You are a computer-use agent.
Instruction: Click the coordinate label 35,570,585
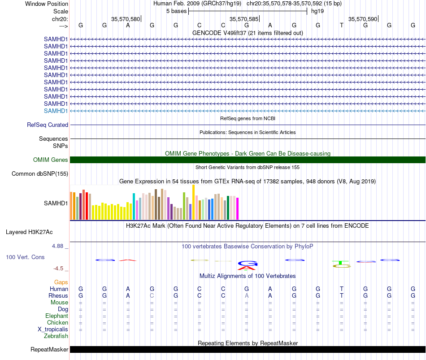click(x=244, y=19)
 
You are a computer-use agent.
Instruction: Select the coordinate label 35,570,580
click(x=126, y=19)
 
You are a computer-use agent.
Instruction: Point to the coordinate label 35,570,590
click(x=363, y=19)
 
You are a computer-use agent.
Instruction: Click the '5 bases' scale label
click(x=177, y=11)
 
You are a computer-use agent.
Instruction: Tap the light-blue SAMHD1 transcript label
click(x=56, y=111)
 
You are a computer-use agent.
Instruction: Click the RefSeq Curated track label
click(x=48, y=125)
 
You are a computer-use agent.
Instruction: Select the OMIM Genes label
click(x=51, y=160)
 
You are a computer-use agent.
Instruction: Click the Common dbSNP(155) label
click(x=40, y=173)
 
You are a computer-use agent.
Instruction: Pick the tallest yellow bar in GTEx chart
click(x=193, y=202)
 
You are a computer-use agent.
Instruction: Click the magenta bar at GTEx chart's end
click(x=238, y=208)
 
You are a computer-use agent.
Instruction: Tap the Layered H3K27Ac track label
click(x=29, y=232)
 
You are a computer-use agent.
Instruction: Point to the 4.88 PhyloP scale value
click(x=57, y=246)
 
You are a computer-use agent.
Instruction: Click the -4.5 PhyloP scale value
click(x=58, y=269)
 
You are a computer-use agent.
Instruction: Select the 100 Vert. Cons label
click(x=25, y=257)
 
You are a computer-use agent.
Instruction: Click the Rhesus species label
click(x=58, y=295)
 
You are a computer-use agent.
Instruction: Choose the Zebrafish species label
click(x=56, y=336)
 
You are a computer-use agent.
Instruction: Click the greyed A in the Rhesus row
click(x=247, y=295)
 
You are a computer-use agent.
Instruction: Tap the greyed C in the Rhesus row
click(x=152, y=295)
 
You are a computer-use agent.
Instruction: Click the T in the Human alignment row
click(x=342, y=289)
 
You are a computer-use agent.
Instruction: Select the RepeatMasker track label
click(x=49, y=349)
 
